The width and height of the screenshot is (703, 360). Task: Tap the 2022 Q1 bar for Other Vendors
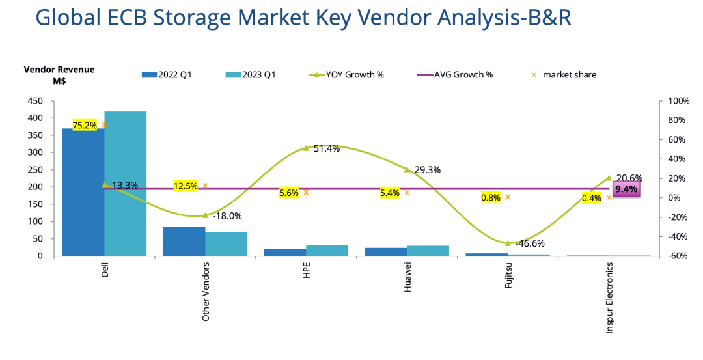tap(184, 241)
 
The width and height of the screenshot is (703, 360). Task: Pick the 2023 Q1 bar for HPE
tap(327, 251)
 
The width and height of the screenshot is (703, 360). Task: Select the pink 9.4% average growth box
tap(626, 189)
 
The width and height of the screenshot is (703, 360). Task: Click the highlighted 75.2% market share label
tap(85, 126)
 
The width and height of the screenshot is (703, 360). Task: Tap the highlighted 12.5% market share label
tap(186, 186)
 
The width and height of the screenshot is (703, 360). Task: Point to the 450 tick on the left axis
tap(35, 101)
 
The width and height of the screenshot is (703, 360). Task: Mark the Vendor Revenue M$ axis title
tap(59, 75)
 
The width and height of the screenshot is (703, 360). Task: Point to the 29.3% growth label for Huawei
tap(427, 170)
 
